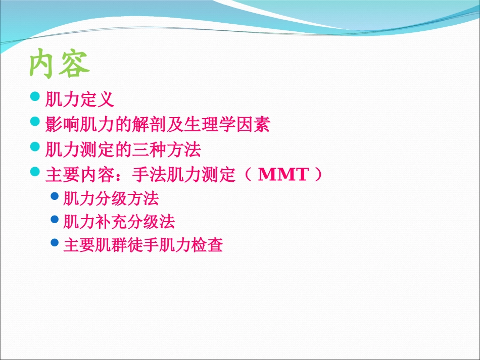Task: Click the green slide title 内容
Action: pos(60,64)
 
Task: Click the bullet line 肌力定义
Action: pos(80,99)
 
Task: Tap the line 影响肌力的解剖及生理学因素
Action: pos(157,124)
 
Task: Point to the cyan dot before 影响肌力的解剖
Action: pos(35,122)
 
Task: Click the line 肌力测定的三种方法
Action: pos(123,149)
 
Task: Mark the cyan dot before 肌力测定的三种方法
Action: pos(35,147)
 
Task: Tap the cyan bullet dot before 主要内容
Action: pos(35,172)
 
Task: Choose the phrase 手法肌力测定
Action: pos(183,175)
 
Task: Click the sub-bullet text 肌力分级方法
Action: pos(111,198)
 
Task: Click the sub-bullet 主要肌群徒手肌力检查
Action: pos(143,245)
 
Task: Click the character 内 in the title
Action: pos(43,64)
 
